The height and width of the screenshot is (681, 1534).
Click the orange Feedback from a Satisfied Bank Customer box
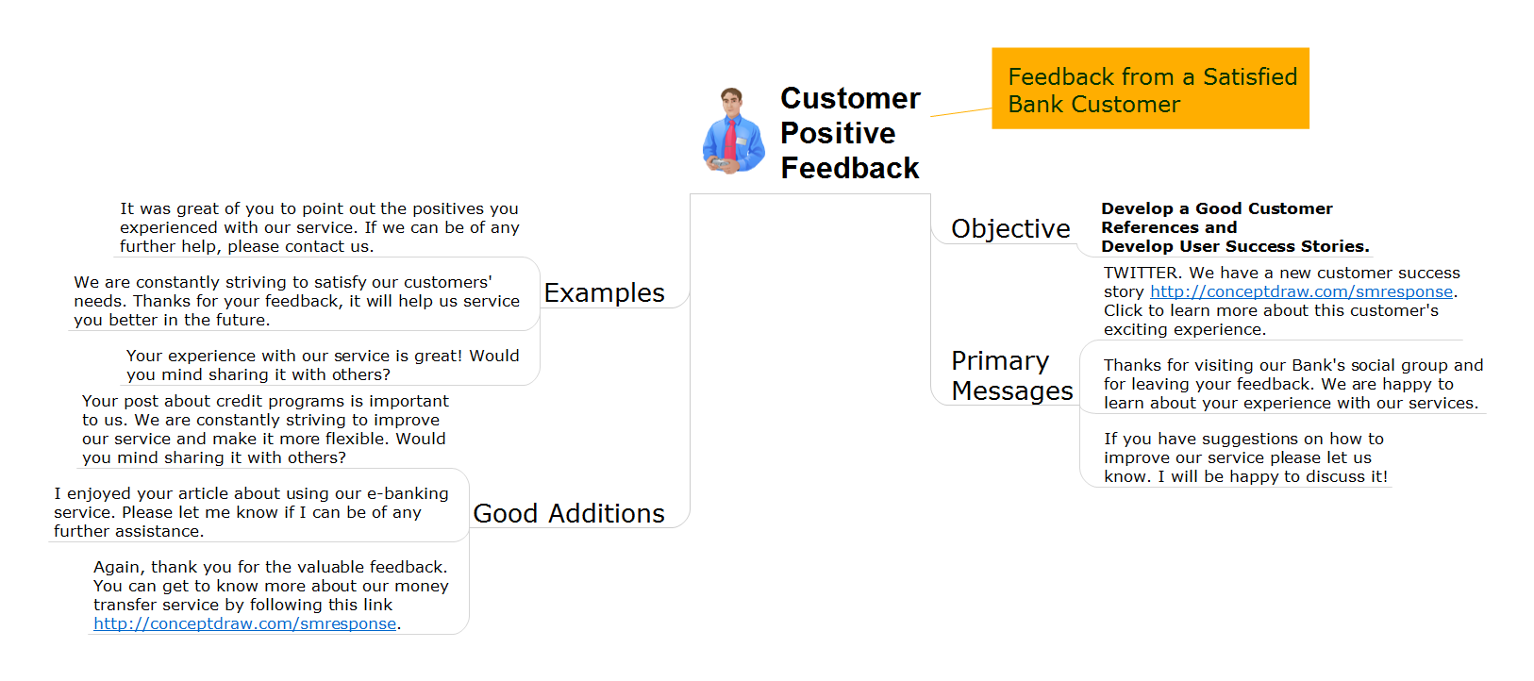pos(1151,89)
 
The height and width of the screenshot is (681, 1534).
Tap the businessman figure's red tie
pos(731,140)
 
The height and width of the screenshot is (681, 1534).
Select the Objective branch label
pos(1010,228)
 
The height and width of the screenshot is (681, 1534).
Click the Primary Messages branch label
pos(1011,375)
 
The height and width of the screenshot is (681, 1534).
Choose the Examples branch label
pos(604,293)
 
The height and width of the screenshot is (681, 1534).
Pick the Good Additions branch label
pos(568,513)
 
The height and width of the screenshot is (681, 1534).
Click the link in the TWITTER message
pos(1301,291)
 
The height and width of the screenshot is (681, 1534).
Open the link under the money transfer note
pos(244,623)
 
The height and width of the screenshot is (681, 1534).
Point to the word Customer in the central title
pos(850,98)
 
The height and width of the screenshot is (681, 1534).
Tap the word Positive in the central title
pos(838,133)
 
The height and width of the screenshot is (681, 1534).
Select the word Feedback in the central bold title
pos(849,169)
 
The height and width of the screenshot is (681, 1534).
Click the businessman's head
pos(731,102)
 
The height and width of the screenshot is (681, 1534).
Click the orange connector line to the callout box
pos(960,112)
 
